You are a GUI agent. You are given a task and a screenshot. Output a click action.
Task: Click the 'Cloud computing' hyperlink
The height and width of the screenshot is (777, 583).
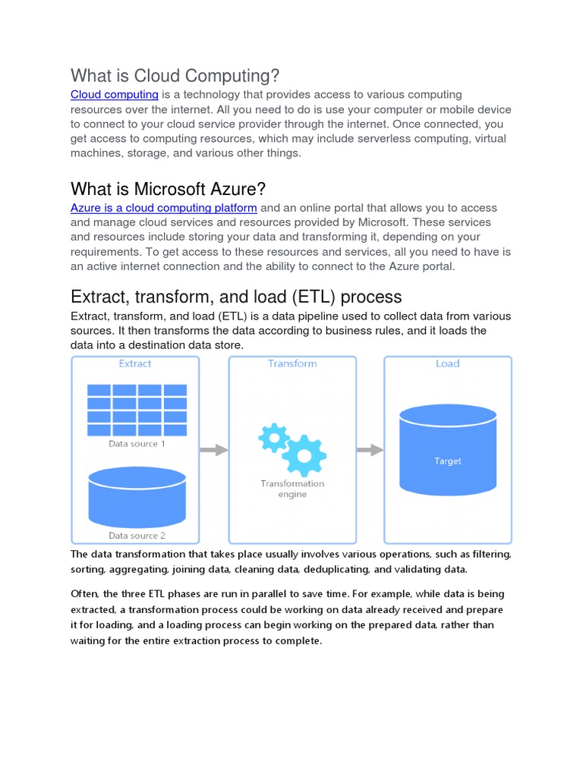[x=114, y=95]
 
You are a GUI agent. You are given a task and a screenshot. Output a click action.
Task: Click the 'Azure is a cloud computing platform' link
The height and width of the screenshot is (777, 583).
[x=164, y=208]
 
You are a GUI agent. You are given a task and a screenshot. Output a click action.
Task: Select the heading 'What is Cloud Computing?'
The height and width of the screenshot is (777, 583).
[x=175, y=76]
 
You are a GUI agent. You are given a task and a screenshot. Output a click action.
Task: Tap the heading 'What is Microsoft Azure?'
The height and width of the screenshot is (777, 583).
[x=168, y=188]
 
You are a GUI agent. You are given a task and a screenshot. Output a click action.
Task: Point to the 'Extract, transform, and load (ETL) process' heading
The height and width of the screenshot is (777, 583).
[x=236, y=296]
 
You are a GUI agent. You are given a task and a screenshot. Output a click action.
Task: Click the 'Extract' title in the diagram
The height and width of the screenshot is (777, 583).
[x=135, y=363]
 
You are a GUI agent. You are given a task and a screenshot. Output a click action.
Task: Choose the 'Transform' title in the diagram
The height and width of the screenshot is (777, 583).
[x=292, y=363]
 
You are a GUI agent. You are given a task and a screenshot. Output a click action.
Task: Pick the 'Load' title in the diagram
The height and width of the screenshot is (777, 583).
[x=448, y=363]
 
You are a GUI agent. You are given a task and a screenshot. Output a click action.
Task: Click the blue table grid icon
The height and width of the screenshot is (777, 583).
[x=137, y=410]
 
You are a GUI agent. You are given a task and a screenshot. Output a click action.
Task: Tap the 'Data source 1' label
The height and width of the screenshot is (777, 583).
[x=137, y=444]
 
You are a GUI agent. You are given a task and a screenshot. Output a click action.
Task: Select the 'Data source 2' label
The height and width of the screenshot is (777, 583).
[x=137, y=536]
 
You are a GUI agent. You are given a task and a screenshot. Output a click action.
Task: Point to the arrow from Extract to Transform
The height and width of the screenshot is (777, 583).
[x=213, y=450]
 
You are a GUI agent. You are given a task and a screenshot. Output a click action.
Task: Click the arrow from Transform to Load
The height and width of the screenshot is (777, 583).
[x=370, y=450]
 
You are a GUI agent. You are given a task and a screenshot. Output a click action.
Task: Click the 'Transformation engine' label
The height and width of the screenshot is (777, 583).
[x=292, y=489]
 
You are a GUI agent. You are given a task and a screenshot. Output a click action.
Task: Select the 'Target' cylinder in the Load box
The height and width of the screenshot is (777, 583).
[x=448, y=448]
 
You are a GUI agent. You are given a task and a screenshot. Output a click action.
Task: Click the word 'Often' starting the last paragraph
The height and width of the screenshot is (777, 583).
[x=84, y=594]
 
